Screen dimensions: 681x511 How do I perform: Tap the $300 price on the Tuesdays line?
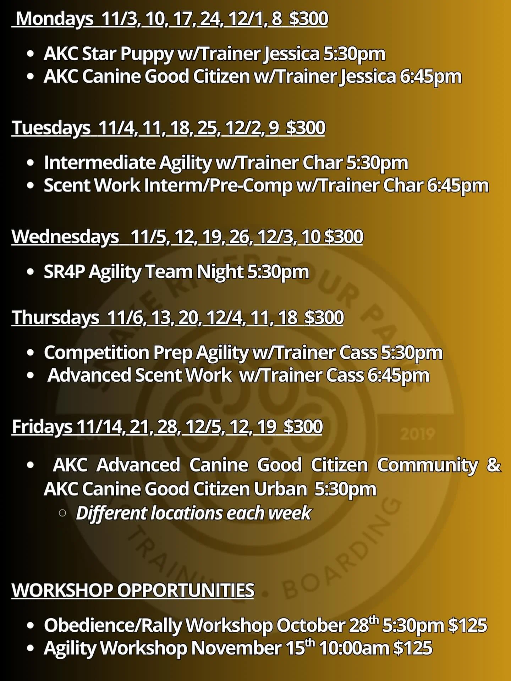coord(306,128)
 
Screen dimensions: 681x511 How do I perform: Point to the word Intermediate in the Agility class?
coord(99,163)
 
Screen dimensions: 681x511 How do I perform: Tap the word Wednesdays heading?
coord(65,237)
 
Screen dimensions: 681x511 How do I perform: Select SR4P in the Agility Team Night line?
coord(64,272)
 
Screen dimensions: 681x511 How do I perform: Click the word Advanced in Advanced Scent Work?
coord(89,375)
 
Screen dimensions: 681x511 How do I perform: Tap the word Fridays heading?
coord(42,426)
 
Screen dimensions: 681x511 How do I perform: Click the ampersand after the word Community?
coord(494,465)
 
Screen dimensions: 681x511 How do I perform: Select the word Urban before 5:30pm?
coord(280,489)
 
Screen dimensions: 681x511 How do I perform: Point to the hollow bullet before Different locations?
coord(62,513)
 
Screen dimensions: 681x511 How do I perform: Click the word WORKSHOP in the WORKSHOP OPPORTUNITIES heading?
coord(62,591)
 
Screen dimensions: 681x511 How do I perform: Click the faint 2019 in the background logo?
coord(418,433)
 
